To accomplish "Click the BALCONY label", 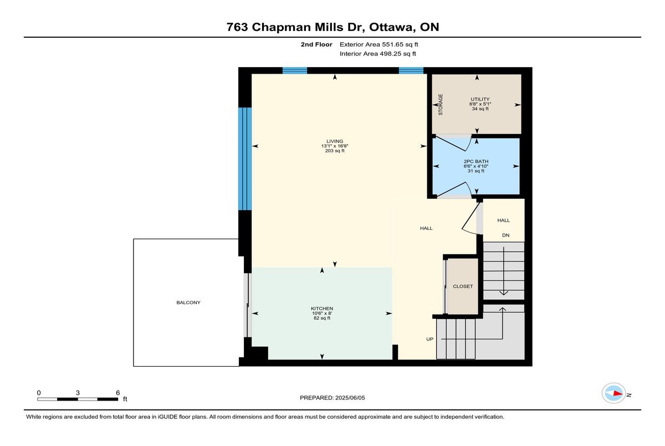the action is click(x=188, y=303).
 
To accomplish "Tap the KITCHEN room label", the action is click(x=322, y=308).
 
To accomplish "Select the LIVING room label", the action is click(x=335, y=141).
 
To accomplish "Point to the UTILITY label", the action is click(x=480, y=99).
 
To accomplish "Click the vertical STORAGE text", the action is click(x=441, y=105).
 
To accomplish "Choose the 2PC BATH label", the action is click(x=476, y=161).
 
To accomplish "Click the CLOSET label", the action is click(x=463, y=286).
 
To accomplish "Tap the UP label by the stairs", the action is click(x=429, y=339).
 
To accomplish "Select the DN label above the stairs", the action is click(x=505, y=235).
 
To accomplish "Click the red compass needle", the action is click(x=618, y=393).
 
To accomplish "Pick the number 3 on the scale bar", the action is click(x=78, y=393).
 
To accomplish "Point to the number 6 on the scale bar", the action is click(x=118, y=393).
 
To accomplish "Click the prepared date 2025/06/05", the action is click(x=350, y=398).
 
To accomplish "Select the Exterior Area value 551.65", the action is click(x=393, y=44).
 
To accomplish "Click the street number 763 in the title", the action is click(x=237, y=27).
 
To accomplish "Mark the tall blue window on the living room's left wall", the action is click(x=245, y=159).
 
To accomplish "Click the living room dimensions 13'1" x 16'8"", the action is click(x=335, y=146).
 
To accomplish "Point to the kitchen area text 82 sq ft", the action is click(x=322, y=318).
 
